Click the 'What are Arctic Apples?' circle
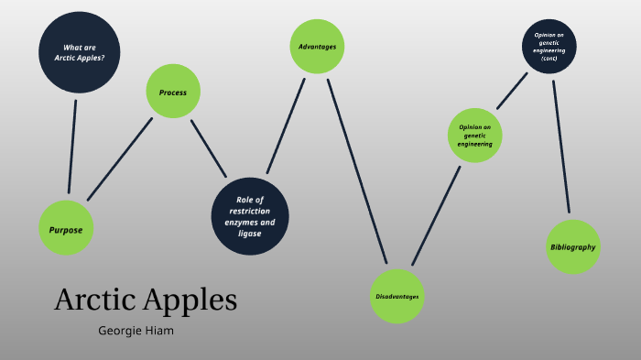[80, 52]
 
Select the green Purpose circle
[66, 229]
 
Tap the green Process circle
[173, 92]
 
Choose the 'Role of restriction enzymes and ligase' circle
[250, 216]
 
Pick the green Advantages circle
[317, 47]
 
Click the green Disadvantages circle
[397, 296]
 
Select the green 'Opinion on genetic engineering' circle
[476, 136]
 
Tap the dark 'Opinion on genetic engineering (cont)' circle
[549, 47]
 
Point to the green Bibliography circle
[573, 246]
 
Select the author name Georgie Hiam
[136, 331]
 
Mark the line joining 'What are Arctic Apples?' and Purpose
[72, 147]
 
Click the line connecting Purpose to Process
[119, 159]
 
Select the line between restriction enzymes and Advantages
[285, 125]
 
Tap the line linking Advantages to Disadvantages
[357, 169]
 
